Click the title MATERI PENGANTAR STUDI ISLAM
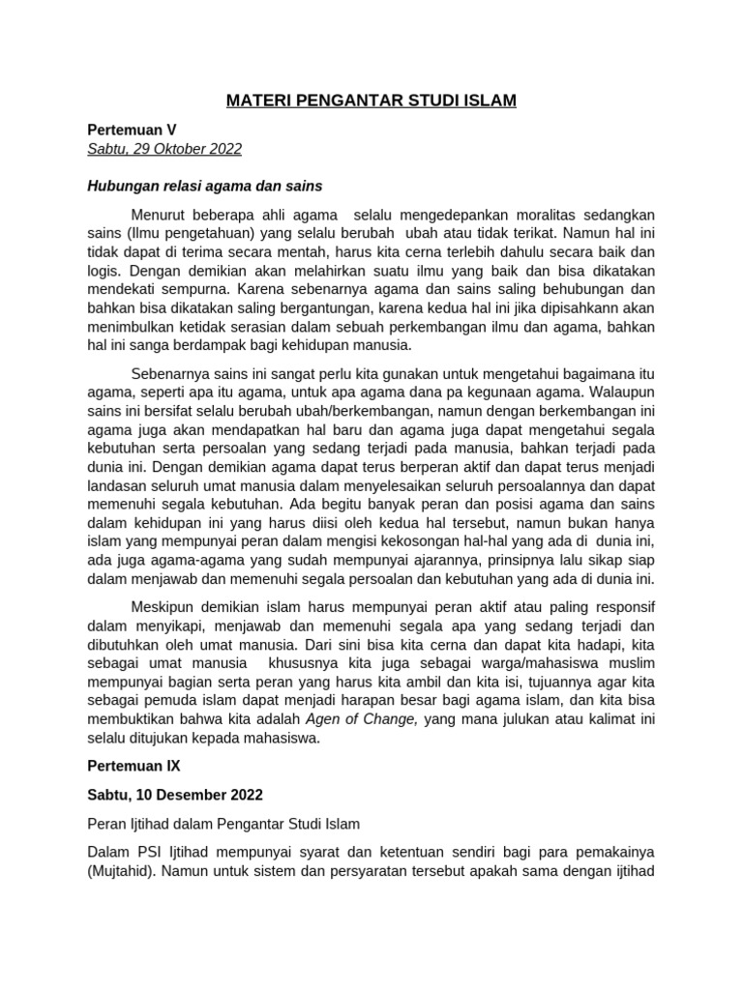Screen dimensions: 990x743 click(x=371, y=101)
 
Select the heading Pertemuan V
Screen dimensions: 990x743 click(x=133, y=129)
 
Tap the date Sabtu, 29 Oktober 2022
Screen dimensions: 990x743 click(x=164, y=149)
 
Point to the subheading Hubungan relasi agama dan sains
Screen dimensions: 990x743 click(x=204, y=185)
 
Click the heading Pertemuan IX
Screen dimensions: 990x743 click(x=134, y=765)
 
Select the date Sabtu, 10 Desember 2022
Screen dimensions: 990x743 click(x=175, y=795)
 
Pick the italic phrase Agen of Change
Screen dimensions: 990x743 click(x=362, y=718)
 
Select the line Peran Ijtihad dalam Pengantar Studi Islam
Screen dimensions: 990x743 click(x=223, y=825)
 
